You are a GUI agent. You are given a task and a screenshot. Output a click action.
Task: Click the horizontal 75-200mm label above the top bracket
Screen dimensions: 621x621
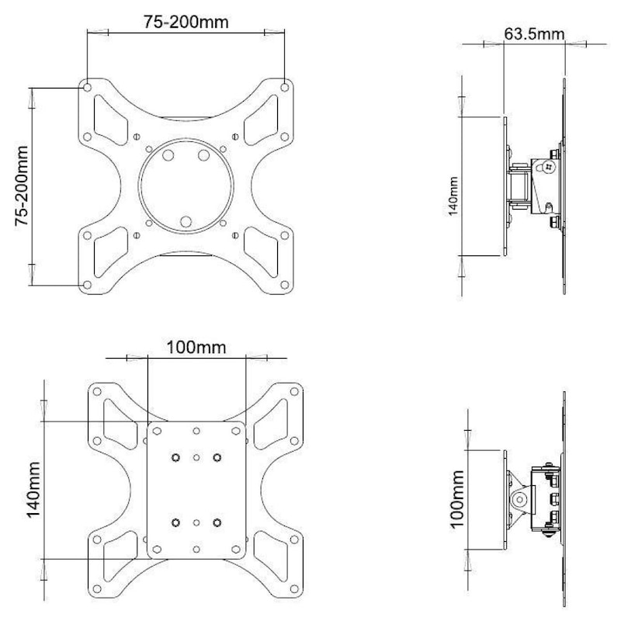point(186,22)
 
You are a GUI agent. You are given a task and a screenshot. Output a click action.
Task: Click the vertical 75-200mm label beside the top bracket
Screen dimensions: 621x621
point(22,186)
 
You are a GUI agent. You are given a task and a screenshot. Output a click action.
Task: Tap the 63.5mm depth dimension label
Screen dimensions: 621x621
point(534,34)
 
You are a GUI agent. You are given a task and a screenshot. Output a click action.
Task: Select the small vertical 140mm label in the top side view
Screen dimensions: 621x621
point(453,196)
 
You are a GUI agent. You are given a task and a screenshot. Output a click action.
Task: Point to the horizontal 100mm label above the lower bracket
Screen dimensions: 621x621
point(196,347)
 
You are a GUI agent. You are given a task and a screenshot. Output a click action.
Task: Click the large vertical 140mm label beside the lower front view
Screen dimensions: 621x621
point(33,490)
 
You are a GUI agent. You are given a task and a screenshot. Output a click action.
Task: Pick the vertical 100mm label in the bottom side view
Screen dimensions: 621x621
point(456,499)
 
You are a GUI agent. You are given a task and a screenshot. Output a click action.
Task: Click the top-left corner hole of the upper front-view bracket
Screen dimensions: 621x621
point(88,87)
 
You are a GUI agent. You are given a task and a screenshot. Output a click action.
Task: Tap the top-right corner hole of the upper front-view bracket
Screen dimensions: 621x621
point(284,87)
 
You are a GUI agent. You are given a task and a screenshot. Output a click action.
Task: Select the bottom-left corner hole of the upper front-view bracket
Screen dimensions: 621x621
point(88,285)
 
